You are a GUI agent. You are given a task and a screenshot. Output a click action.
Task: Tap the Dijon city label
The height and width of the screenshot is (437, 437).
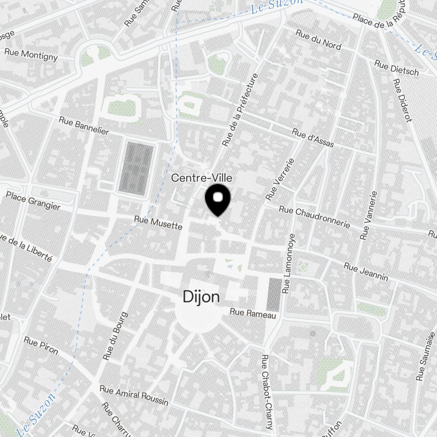point(201,298)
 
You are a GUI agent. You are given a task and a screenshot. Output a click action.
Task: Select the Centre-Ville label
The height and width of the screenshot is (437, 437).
point(201,178)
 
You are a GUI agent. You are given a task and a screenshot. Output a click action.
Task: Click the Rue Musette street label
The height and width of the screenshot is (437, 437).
point(158,223)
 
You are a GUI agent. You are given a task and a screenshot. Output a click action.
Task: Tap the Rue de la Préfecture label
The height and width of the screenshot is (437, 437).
point(240,109)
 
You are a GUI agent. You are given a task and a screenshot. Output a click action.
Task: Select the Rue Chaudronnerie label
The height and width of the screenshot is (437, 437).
point(314,217)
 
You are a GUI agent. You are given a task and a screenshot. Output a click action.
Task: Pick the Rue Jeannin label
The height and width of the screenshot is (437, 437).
point(366,271)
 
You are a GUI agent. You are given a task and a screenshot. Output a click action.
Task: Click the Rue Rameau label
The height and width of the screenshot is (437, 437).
point(253,314)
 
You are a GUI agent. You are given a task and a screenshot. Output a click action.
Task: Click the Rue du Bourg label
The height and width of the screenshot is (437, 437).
point(115,336)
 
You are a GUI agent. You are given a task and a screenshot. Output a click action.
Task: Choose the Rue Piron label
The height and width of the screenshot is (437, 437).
point(41,345)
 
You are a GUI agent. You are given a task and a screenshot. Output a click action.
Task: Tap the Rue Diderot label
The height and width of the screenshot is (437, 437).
point(402,101)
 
